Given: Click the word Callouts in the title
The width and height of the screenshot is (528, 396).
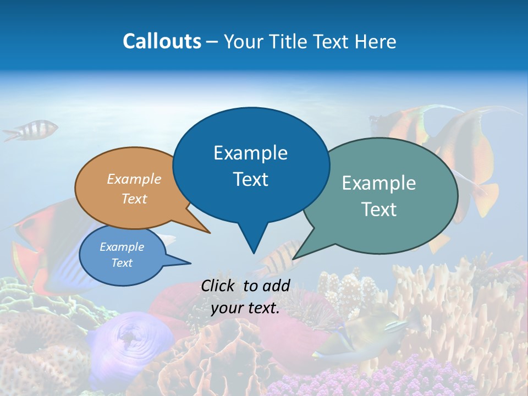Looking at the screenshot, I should pyautogui.click(x=162, y=41).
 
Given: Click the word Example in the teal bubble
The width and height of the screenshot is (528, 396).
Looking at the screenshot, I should pyautogui.click(x=379, y=183).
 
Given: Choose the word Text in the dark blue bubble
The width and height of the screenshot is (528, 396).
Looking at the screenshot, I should pyautogui.click(x=251, y=179).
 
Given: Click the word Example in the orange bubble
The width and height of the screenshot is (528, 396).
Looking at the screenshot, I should pyautogui.click(x=134, y=179).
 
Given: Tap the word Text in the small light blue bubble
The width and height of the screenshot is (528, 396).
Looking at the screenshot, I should pyautogui.click(x=122, y=263).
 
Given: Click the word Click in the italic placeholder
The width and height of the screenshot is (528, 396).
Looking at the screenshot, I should pyautogui.click(x=219, y=285).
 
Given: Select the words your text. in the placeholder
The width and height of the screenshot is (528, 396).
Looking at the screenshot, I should pyautogui.click(x=245, y=309).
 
